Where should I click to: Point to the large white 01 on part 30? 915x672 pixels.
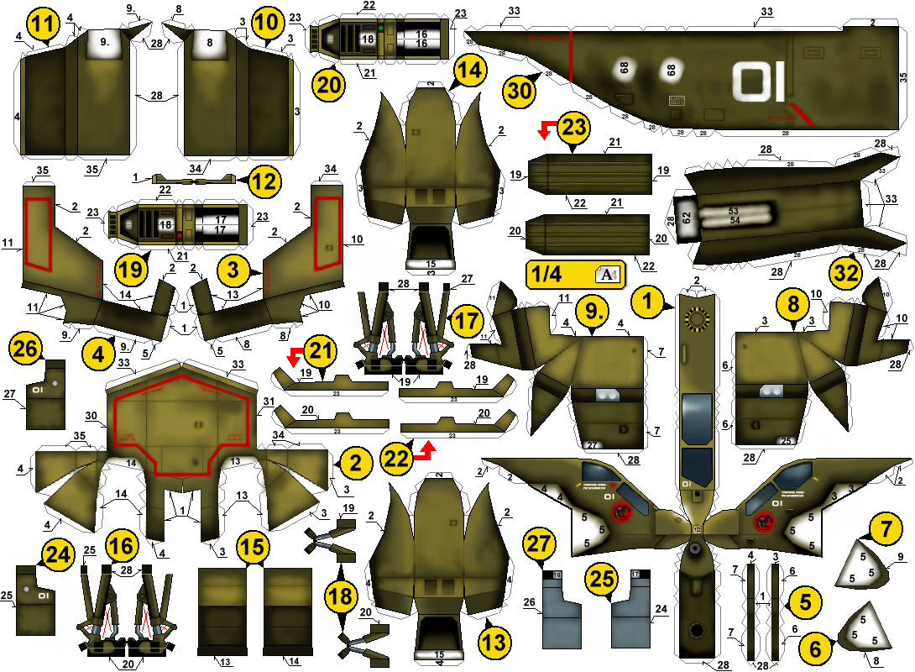(759, 82)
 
